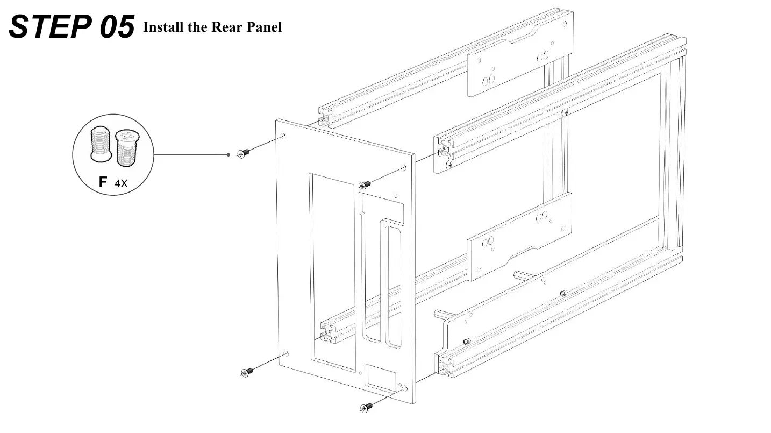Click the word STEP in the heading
click(x=52, y=26)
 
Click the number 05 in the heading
click(x=117, y=27)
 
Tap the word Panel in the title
click(x=263, y=27)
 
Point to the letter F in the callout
click(x=103, y=182)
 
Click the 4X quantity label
click(x=121, y=183)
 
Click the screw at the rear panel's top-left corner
click(x=244, y=153)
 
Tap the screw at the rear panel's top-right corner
click(x=365, y=184)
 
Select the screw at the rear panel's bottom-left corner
click(x=247, y=372)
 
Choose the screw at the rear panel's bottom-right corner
click(x=367, y=407)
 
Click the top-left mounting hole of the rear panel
click(x=284, y=136)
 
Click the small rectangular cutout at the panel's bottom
click(x=382, y=379)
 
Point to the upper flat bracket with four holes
click(x=519, y=65)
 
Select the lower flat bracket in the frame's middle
click(x=519, y=237)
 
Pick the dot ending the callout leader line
click(x=229, y=154)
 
